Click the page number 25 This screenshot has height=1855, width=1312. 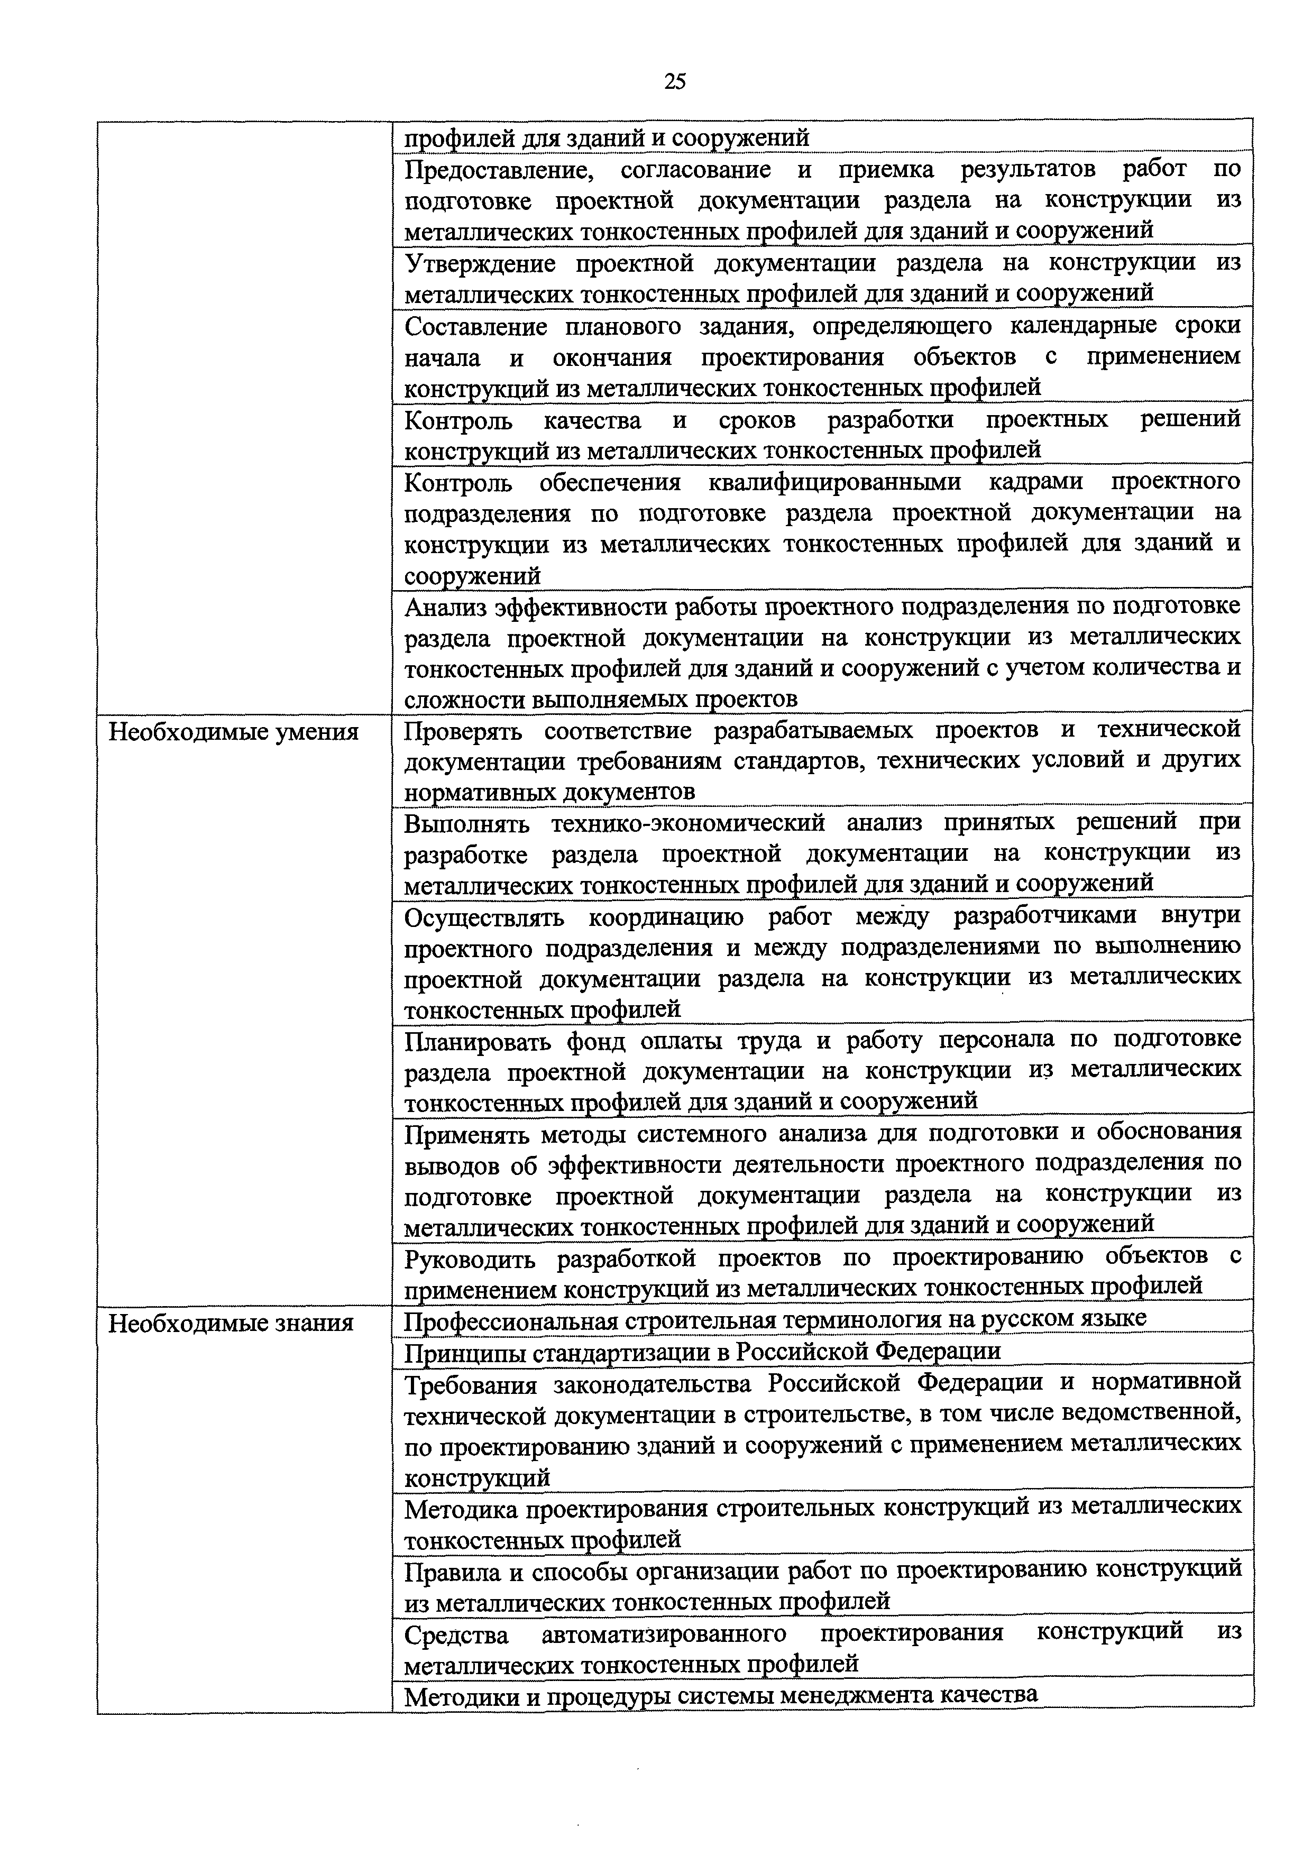click(675, 81)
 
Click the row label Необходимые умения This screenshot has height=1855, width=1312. click(234, 732)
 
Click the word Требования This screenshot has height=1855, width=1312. click(470, 1384)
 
